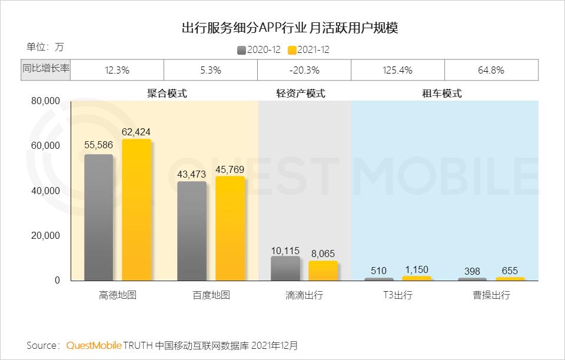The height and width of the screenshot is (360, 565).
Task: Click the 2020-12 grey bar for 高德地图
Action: tap(98, 217)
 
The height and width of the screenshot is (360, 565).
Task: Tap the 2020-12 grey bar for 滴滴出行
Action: tap(285, 268)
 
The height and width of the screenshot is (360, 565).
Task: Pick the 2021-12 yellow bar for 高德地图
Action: tap(137, 209)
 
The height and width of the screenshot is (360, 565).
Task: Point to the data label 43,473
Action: tap(192, 175)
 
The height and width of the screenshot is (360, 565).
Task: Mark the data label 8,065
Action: tap(323, 254)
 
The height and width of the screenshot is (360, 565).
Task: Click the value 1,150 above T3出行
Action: tap(417, 269)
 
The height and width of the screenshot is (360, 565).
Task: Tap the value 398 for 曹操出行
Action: tap(472, 271)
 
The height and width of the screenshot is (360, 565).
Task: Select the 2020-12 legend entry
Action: tap(258, 50)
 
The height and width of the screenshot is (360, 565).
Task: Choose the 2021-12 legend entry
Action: tap(308, 50)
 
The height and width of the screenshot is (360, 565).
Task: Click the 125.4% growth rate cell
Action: tap(397, 70)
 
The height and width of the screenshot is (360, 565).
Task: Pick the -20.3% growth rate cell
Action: tap(304, 70)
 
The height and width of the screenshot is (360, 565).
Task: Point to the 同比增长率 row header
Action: tap(46, 69)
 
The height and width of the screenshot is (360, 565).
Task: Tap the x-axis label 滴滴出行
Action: tap(304, 295)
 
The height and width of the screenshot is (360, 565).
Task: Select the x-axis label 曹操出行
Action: tap(491, 295)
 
